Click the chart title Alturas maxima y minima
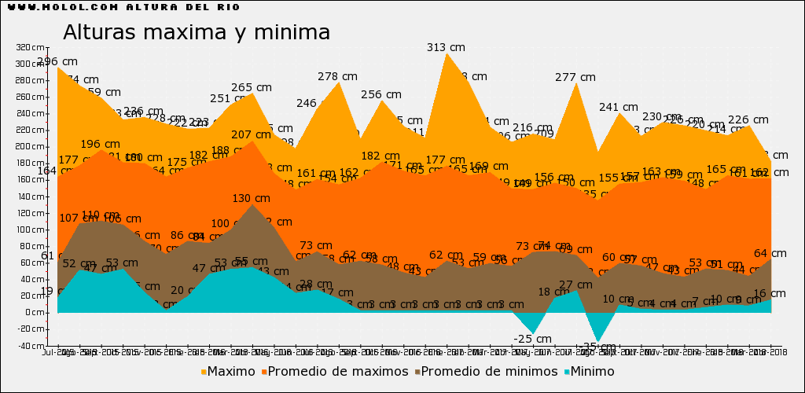point(196,33)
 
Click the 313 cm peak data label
point(446,47)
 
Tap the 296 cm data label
point(57,61)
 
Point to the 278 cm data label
point(338,76)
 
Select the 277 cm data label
point(575,77)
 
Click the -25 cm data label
point(533,339)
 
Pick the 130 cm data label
point(252,198)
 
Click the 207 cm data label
point(252,134)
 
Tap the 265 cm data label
point(252,87)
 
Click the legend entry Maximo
point(228,371)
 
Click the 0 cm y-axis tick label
point(34,312)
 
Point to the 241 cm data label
point(619,107)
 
